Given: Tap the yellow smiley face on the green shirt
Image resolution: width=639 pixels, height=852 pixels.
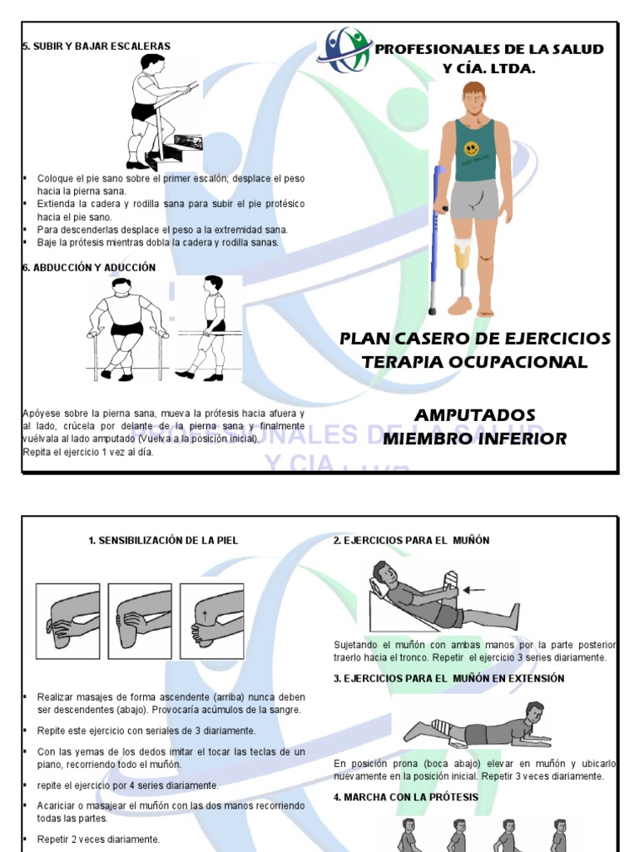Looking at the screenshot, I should [472, 150].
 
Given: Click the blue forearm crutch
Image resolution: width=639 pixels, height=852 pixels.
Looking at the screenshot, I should [434, 237].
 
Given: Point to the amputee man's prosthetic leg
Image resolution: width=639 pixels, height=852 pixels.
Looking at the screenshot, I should [461, 275].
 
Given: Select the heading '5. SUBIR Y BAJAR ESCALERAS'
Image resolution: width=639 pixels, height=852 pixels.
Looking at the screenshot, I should [97, 47].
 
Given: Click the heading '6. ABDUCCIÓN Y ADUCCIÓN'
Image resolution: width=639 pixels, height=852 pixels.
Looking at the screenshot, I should [89, 268].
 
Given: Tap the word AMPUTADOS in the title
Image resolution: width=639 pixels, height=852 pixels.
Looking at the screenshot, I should [475, 415].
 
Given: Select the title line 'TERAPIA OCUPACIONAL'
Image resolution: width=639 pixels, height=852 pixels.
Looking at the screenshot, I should [475, 362].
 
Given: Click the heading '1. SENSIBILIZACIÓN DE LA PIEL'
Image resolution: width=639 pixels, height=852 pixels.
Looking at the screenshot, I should [163, 541].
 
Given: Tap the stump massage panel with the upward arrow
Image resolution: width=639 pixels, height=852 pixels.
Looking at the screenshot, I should [212, 616].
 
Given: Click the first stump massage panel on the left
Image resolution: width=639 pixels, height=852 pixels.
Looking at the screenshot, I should [67, 616].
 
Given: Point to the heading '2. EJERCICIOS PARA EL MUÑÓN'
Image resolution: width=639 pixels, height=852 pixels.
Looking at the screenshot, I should [411, 541].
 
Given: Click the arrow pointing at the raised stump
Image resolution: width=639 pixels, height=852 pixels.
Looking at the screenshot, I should [473, 590].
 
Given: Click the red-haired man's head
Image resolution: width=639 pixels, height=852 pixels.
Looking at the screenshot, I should [473, 97].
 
